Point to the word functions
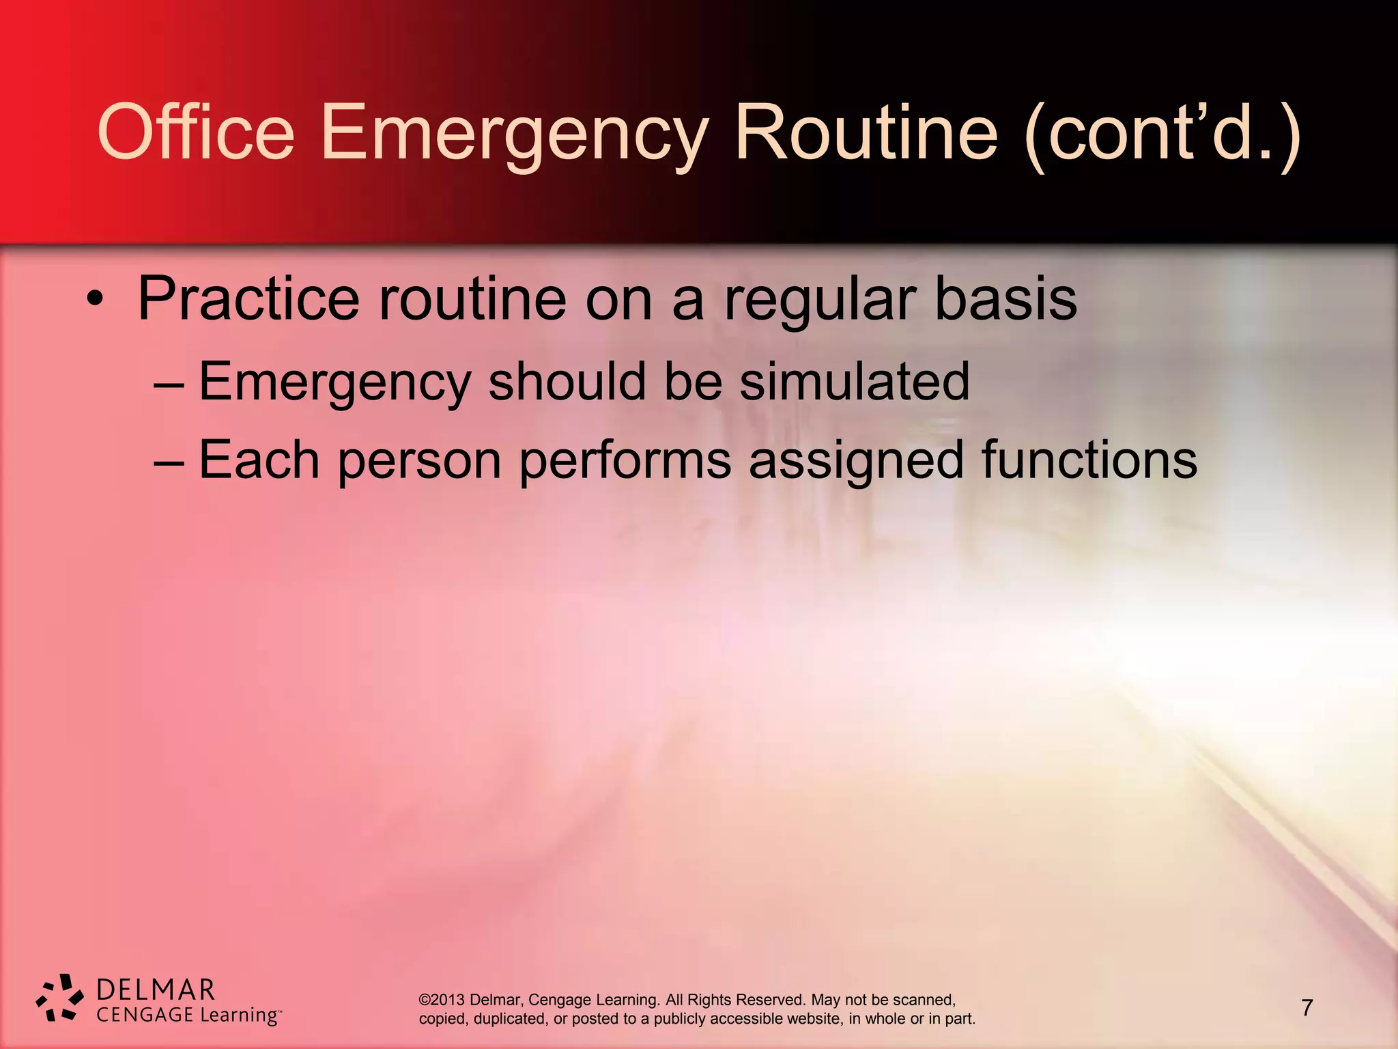point(1089,459)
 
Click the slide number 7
point(1307,1007)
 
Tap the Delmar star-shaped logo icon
point(60,998)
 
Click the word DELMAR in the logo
point(156,990)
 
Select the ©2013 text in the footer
point(442,1000)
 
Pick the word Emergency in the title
point(513,133)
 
